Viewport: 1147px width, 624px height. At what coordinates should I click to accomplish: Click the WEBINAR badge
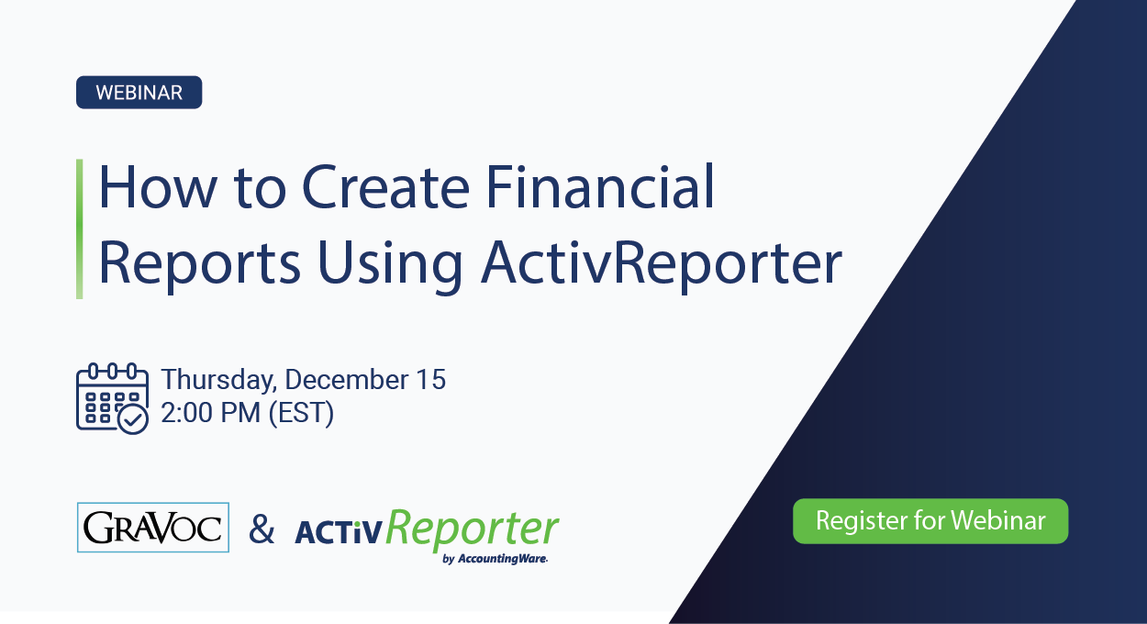coord(139,93)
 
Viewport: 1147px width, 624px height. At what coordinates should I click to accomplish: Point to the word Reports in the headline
coord(199,263)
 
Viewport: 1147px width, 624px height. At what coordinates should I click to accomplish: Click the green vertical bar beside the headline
coord(80,228)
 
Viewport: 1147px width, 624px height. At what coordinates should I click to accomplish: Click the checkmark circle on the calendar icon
coord(134,419)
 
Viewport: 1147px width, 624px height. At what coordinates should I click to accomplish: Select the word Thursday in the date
coord(218,380)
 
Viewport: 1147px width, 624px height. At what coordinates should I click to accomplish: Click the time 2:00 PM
coord(210,413)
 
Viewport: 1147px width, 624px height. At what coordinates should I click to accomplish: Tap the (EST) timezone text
coord(301,413)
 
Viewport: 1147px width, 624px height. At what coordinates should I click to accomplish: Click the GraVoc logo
coord(153,528)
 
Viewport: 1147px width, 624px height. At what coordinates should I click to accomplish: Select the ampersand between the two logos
coord(262,529)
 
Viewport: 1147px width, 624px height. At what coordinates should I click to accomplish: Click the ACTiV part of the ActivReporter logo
coord(337,533)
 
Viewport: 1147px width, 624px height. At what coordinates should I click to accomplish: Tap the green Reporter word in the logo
coord(472,529)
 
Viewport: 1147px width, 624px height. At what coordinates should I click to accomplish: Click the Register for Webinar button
coord(930,521)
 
